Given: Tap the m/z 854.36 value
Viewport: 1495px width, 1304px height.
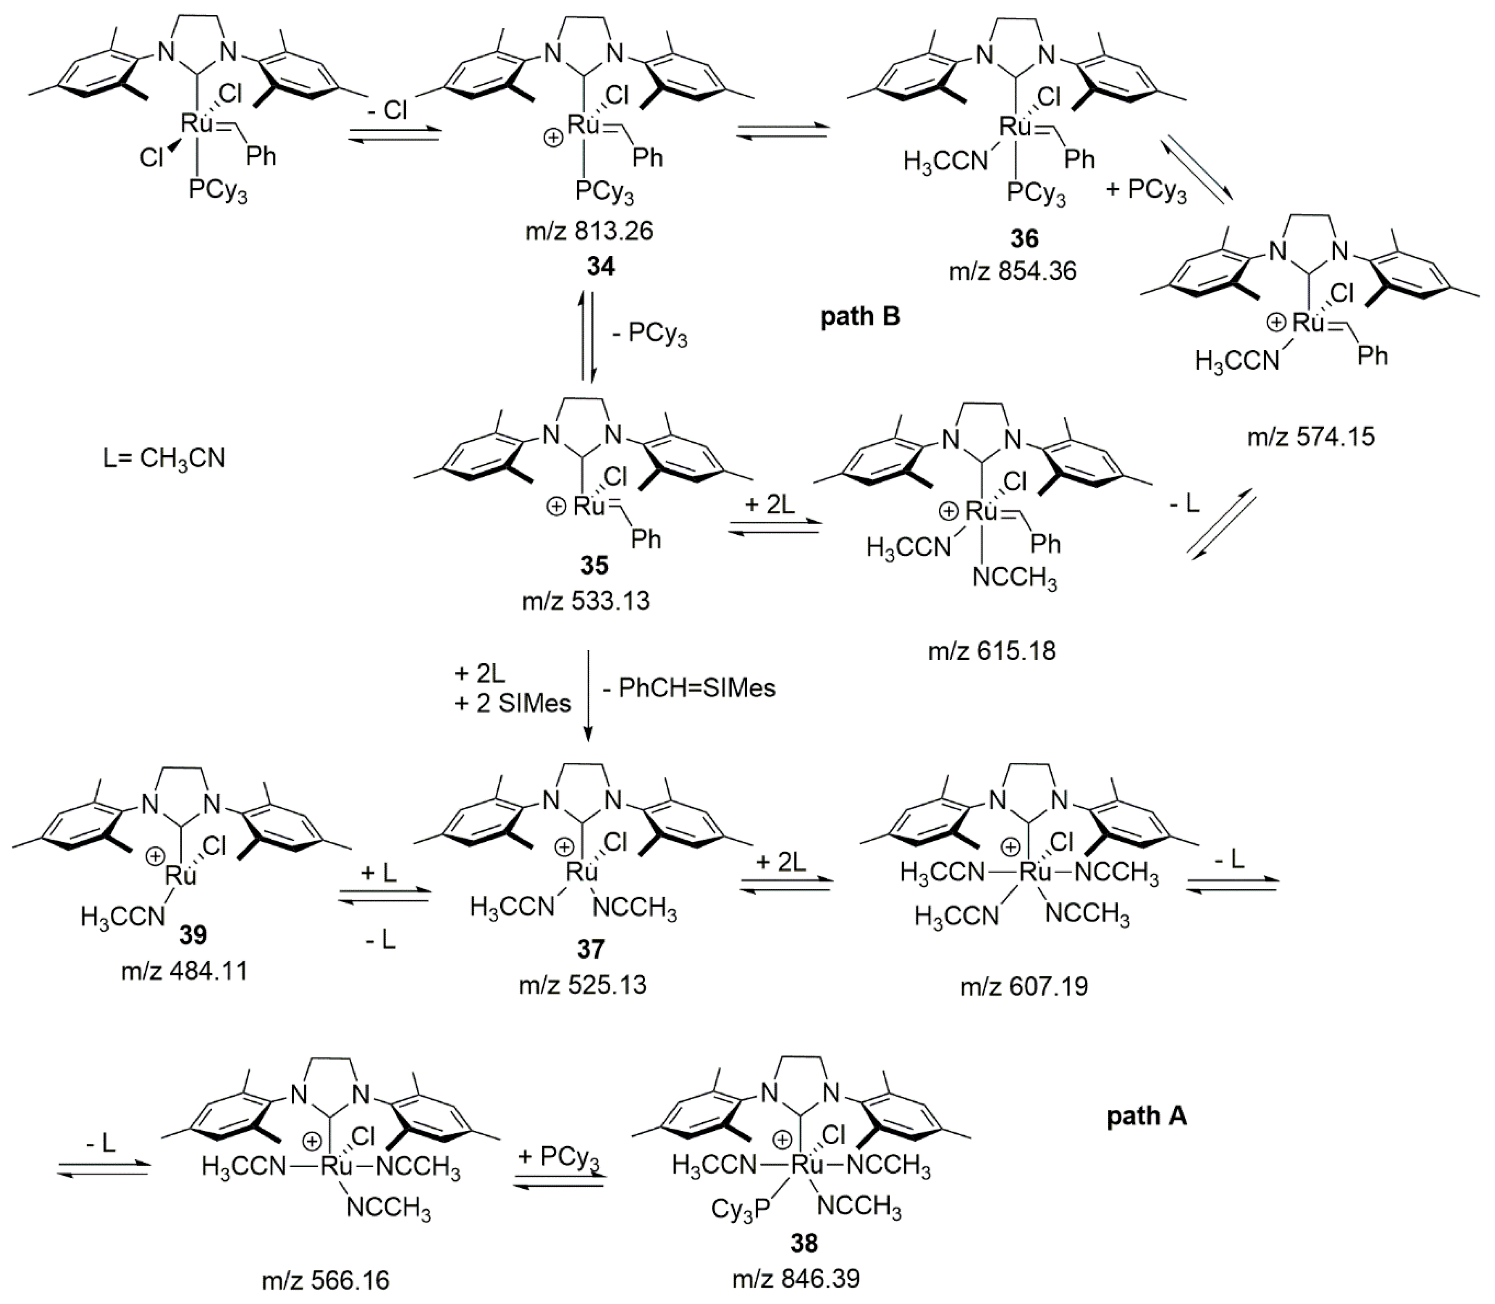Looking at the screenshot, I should pyautogui.click(x=1012, y=271).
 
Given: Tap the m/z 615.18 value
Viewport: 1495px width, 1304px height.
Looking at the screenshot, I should pyautogui.click(x=991, y=650).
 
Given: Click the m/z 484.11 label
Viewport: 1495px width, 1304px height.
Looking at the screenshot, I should pyautogui.click(x=184, y=971).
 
